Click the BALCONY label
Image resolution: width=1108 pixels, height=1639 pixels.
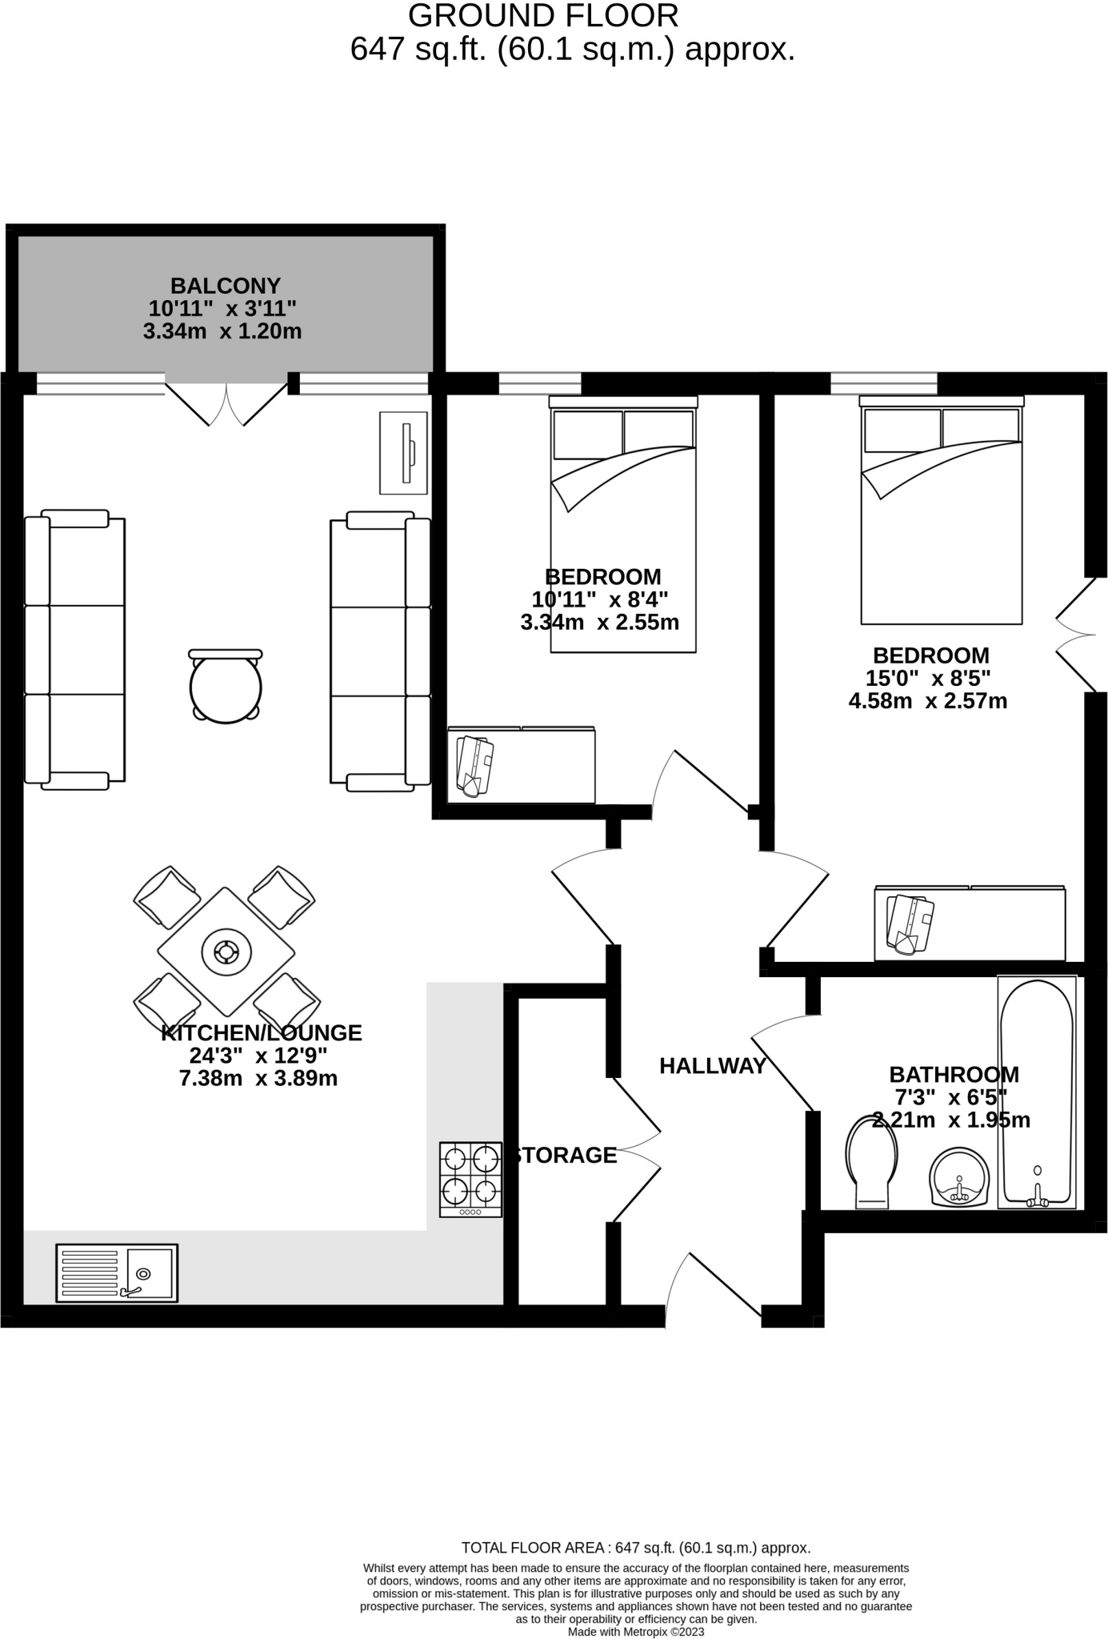pyautogui.click(x=225, y=286)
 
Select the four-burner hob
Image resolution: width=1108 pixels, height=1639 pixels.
pyautogui.click(x=470, y=1179)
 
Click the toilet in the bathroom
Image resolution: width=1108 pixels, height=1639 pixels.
pyautogui.click(x=871, y=1163)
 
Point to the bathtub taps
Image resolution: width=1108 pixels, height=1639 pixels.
pyautogui.click(x=1038, y=1198)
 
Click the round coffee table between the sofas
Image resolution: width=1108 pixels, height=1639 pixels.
pyautogui.click(x=226, y=687)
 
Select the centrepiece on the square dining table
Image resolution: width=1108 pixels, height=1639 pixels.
pyautogui.click(x=226, y=952)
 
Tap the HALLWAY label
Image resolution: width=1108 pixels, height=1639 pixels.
pyautogui.click(x=712, y=1066)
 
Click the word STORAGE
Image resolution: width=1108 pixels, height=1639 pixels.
pyautogui.click(x=566, y=1155)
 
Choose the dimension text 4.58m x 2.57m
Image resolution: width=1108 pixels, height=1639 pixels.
pyautogui.click(x=927, y=702)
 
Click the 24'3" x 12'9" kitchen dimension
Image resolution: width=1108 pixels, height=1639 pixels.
pyautogui.click(x=258, y=1056)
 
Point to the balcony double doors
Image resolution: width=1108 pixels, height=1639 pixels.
pyautogui.click(x=226, y=404)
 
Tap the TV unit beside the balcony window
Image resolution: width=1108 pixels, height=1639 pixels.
pyautogui.click(x=403, y=453)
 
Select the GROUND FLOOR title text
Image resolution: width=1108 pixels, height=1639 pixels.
pyautogui.click(x=542, y=16)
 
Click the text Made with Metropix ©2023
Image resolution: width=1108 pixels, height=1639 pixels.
pyautogui.click(x=635, y=1632)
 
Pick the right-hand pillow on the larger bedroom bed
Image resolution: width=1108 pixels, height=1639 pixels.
pyautogui.click(x=981, y=430)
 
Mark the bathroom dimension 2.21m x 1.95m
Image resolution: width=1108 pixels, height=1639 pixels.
pyautogui.click(x=950, y=1120)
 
